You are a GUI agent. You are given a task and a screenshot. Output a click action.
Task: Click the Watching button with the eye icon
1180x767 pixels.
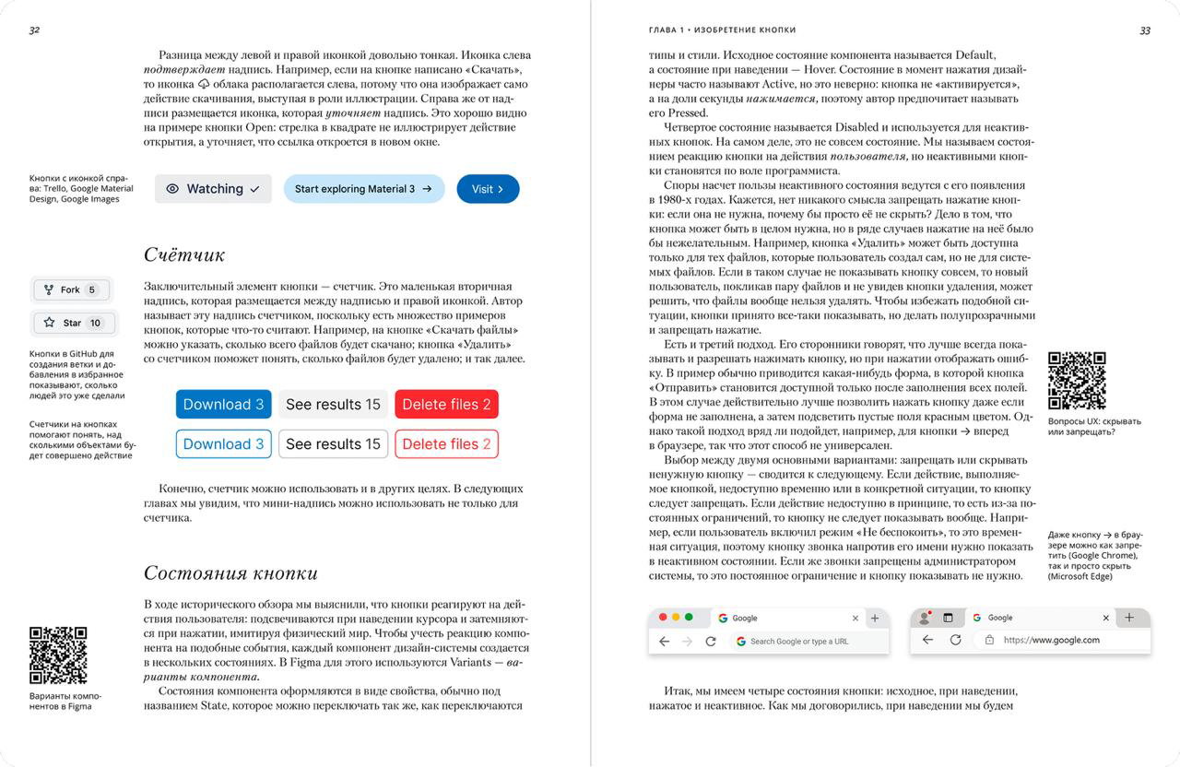(213, 189)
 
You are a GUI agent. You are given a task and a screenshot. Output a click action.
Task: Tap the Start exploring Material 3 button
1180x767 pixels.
(363, 189)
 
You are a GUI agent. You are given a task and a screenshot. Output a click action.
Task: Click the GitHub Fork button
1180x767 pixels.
(72, 289)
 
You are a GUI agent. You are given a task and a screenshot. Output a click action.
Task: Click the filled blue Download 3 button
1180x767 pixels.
(223, 404)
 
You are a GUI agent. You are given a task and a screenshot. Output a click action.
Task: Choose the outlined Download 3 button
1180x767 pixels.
(223, 443)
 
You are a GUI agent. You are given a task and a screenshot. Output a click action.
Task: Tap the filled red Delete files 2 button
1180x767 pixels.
(446, 404)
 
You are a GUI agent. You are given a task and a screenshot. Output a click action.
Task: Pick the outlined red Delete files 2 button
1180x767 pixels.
(446, 443)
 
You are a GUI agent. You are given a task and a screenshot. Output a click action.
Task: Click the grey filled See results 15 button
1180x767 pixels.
(333, 404)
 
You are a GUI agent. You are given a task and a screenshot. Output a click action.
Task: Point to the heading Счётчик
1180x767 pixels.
(184, 254)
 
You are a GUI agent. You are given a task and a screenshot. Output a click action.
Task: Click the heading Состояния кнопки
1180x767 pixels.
(230, 572)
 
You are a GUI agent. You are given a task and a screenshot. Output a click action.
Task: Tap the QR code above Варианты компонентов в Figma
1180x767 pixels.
(58, 655)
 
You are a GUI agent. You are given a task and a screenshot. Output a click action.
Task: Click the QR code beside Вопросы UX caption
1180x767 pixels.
(1077, 381)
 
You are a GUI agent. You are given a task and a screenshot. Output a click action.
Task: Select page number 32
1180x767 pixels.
(34, 30)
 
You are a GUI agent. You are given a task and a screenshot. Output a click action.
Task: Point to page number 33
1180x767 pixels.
(1145, 30)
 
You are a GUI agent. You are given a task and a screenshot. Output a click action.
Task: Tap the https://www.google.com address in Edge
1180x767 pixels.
(1051, 640)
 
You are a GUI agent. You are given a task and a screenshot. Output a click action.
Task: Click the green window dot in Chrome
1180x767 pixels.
(689, 617)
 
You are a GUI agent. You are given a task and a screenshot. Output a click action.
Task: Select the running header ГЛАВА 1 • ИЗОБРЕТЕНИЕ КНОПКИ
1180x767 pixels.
(722, 30)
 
